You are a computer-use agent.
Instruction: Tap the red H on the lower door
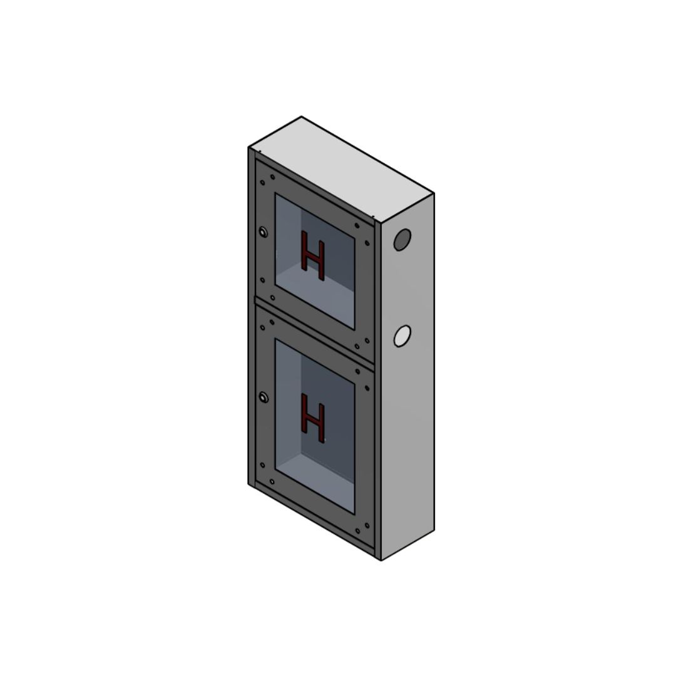coord(313,417)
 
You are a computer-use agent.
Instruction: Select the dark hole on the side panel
coord(402,240)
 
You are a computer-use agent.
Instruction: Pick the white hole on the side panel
coord(402,336)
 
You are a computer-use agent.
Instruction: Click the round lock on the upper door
coord(263,232)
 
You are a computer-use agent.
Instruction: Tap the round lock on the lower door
coord(263,396)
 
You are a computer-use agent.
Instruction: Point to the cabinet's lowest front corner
coord(381,560)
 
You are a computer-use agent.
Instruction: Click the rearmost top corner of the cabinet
coord(302,116)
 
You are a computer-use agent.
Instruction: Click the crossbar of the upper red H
coord(313,256)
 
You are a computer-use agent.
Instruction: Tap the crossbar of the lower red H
coord(313,418)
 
